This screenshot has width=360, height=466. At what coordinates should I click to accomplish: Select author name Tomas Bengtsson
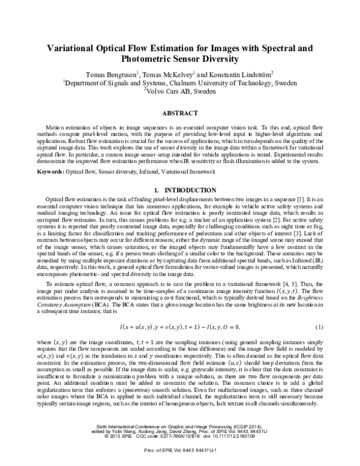[112, 74]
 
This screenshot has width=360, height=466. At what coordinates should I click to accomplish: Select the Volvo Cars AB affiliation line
[180, 92]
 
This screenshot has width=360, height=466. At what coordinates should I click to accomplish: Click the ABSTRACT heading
[180, 113]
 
